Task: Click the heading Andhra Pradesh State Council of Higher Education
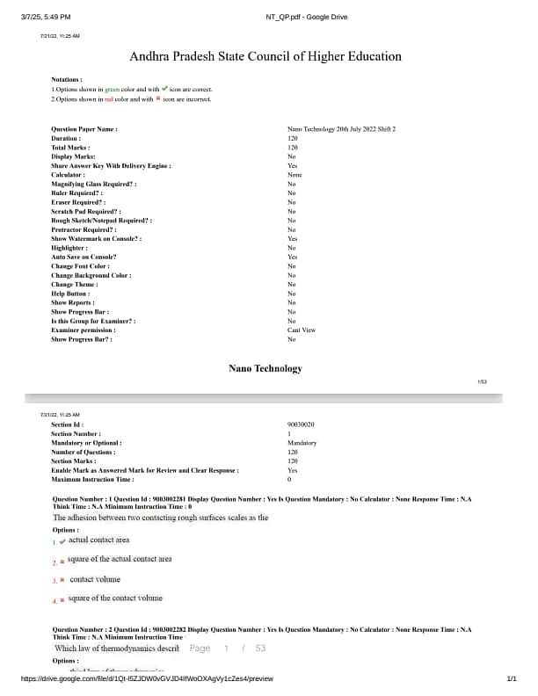coord(265,56)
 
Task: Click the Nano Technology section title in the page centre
coord(265,369)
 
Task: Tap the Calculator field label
coord(69,175)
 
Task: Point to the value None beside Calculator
coord(294,175)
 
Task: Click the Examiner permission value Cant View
coord(301,330)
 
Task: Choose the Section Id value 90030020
coord(301,424)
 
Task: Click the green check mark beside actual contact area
coord(62,540)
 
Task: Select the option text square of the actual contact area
coord(120,559)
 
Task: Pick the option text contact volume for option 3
coord(95,579)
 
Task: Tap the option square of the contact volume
coord(115,598)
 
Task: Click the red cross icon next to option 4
coord(62,600)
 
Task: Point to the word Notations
coord(67,79)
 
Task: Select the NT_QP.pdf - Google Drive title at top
coord(306,17)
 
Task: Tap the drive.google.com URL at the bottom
coord(147,678)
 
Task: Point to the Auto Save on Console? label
coord(84,257)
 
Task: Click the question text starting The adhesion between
coord(161,518)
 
